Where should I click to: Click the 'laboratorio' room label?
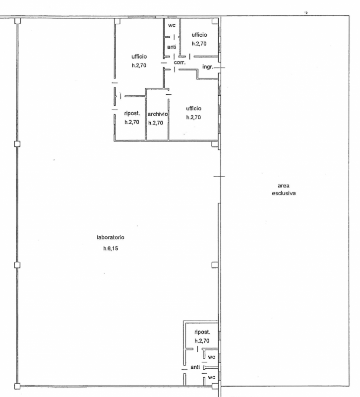click(x=111, y=237)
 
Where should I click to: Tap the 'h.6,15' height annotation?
click(x=111, y=249)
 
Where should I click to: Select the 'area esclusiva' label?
click(x=284, y=190)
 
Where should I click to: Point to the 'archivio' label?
click(x=158, y=114)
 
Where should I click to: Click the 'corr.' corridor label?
click(x=180, y=63)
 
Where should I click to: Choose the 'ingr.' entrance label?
click(x=208, y=67)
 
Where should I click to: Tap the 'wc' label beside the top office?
click(x=172, y=25)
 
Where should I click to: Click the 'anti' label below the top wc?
click(x=172, y=47)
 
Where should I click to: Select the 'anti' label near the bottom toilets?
click(x=195, y=367)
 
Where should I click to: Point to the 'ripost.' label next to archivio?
click(x=132, y=113)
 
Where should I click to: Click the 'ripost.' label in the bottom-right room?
click(x=202, y=332)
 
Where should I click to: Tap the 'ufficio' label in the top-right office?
click(x=199, y=35)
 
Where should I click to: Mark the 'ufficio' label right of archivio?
click(x=194, y=108)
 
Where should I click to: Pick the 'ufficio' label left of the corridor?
click(x=139, y=57)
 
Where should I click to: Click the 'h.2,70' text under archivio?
click(x=156, y=123)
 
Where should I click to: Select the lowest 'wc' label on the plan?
click(x=212, y=377)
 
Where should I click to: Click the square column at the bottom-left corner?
click(x=17, y=386)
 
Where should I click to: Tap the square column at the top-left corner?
click(x=17, y=21)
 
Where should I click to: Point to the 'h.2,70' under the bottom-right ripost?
click(x=202, y=341)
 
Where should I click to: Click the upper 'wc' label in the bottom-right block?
click(x=212, y=357)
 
